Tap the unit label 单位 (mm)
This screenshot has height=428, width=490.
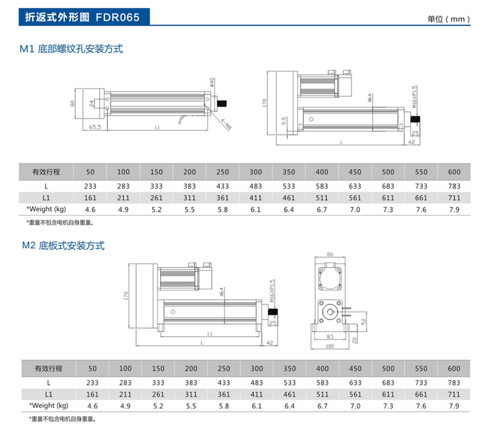click(449, 19)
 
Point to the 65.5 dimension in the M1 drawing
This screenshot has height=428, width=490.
click(95, 128)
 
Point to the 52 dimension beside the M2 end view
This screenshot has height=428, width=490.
click(363, 321)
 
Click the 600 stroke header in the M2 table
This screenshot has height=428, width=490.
click(454, 368)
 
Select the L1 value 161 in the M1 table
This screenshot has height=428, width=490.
click(90, 197)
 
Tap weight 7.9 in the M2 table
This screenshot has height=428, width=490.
click(454, 406)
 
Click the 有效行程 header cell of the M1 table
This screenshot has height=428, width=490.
click(46, 172)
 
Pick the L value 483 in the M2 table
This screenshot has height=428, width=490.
click(256, 382)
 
